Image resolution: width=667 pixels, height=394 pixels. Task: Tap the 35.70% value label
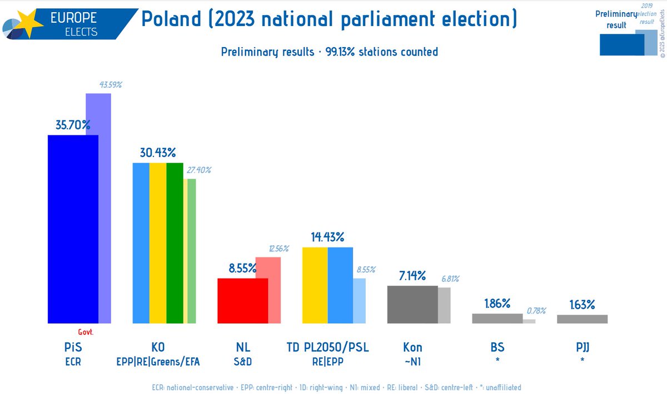72,125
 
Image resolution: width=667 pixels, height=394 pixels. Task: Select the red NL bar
242,300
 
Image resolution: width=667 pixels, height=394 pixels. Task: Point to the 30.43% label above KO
158,153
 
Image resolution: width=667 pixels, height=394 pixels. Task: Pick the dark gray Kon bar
412,304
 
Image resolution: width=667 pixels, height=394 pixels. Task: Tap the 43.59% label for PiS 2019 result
111,85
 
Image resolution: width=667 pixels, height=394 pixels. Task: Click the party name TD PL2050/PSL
328,348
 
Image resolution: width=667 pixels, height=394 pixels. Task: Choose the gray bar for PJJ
582,319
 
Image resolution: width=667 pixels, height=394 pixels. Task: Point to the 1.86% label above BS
497,304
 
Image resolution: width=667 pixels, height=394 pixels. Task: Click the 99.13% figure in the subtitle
339,52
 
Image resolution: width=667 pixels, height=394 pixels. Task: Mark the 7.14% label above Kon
412,276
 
